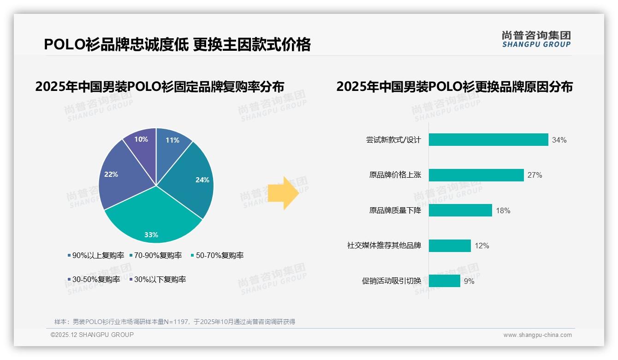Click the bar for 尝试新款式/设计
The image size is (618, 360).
(x=488, y=140)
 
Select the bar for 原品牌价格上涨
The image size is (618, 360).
(x=476, y=175)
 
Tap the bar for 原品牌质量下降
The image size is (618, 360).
(x=460, y=210)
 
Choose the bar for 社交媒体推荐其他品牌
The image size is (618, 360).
(x=449, y=246)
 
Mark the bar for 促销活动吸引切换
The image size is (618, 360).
(x=444, y=281)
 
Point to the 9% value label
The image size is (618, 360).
(x=469, y=281)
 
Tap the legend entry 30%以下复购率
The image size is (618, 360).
(x=160, y=279)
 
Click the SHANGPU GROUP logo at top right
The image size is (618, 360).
(x=536, y=39)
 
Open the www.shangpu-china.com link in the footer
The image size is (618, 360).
(x=537, y=335)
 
